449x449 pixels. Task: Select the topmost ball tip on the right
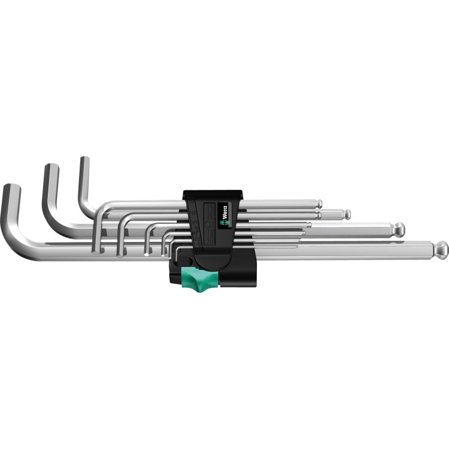coord(320,202)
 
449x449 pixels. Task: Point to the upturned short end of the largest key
coord(11,190)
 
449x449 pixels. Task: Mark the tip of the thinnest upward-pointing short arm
coord(84,162)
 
